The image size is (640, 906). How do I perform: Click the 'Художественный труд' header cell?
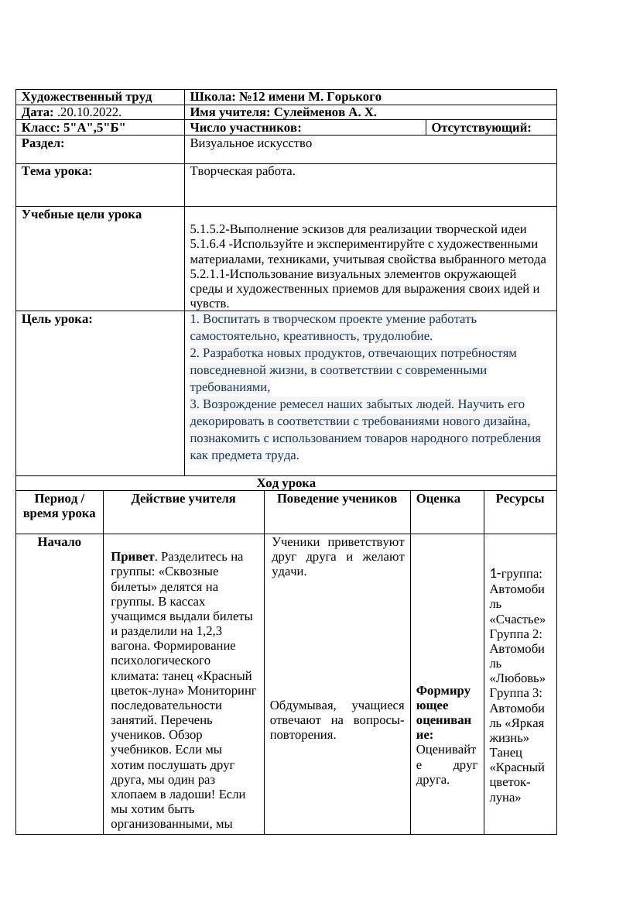tap(87, 97)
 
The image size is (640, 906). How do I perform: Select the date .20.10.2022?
tap(89, 112)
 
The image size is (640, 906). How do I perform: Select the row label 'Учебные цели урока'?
tap(82, 214)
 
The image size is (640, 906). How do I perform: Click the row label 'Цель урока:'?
tap(57, 319)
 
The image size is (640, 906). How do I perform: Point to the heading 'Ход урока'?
tap(286, 483)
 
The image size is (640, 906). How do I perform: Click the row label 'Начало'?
tap(59, 542)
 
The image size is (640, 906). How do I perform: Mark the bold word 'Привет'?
tap(129, 557)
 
